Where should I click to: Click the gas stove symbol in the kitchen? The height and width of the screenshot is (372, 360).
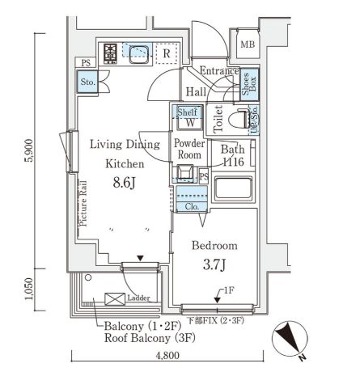[x=110, y=53]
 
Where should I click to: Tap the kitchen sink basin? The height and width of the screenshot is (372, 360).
[x=139, y=54]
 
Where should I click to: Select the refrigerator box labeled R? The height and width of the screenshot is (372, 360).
[x=167, y=53]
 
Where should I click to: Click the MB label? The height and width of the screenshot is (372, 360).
[x=248, y=44]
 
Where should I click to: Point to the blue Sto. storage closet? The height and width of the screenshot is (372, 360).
[x=87, y=82]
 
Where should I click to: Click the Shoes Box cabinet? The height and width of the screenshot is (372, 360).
[x=249, y=84]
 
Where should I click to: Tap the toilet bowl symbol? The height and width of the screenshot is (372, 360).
[x=239, y=118]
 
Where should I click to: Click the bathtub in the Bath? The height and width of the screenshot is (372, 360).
[x=234, y=188]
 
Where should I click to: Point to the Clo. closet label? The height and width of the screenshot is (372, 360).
[x=192, y=206]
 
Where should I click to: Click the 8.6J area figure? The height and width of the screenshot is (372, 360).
[x=124, y=183]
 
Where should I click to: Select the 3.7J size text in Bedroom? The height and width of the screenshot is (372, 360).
[x=214, y=264]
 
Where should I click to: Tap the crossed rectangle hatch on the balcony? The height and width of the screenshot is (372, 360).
[x=115, y=299]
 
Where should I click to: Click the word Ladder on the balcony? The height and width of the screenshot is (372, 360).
[x=138, y=298]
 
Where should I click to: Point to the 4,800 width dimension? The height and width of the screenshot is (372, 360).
[x=167, y=355]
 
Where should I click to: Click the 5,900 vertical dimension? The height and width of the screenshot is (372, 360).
[x=28, y=150]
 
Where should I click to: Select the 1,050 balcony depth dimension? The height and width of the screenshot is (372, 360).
[x=28, y=289]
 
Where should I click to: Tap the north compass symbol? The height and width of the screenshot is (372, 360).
[x=290, y=338]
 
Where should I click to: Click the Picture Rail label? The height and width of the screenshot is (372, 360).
[x=83, y=204]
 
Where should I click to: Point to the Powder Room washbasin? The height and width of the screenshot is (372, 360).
[x=184, y=172]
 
